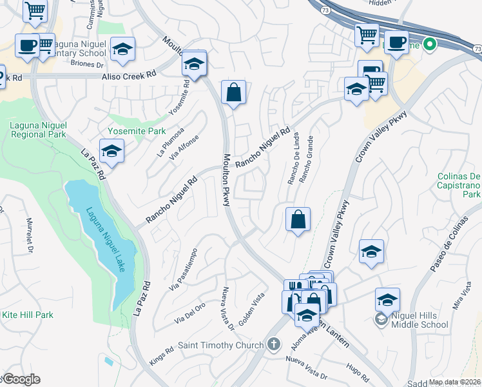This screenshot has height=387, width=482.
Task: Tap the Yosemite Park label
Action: point(137,130)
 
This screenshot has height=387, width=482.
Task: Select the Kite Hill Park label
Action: point(27,315)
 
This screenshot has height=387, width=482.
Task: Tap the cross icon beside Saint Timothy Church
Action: point(275,344)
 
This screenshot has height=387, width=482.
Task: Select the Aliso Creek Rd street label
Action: point(129,76)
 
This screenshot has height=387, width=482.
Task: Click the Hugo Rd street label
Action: point(357,372)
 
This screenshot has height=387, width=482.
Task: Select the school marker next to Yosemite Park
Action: point(112,152)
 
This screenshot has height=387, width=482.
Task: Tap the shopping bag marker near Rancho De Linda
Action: point(298,220)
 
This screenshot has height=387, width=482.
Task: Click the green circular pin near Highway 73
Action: point(430,45)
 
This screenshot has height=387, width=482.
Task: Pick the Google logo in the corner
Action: point(21,379)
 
